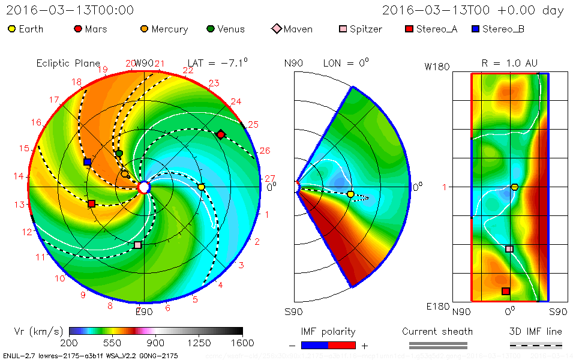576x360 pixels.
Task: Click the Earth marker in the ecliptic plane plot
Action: click(202, 187)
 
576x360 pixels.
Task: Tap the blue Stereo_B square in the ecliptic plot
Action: click(88, 162)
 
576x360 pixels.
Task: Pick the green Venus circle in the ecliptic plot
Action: click(119, 154)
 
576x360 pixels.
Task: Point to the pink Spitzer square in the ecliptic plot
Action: click(138, 245)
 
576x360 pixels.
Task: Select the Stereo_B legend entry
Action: click(497, 29)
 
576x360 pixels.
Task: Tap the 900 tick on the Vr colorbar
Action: click(156, 343)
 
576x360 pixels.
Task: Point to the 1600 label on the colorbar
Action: click(242, 343)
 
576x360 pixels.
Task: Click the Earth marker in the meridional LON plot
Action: click(350, 194)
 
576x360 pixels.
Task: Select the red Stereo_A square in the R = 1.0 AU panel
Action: click(506, 291)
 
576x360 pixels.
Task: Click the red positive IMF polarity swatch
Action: click(342, 345)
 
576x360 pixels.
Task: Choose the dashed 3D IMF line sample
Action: click(536, 345)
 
